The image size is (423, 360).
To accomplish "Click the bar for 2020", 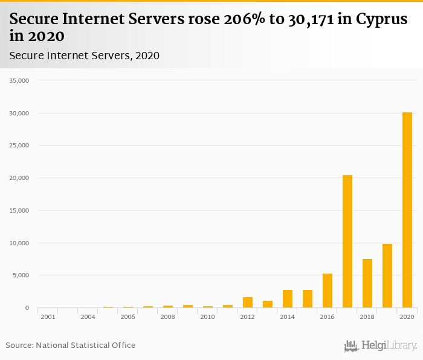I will click(x=407, y=210).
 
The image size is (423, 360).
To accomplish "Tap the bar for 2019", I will click(x=387, y=276).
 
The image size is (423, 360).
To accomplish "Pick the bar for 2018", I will click(x=367, y=283).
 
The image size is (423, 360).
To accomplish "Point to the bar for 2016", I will click(x=328, y=291).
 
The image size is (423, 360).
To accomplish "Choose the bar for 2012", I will click(x=248, y=303).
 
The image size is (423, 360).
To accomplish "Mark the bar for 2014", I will click(x=288, y=299).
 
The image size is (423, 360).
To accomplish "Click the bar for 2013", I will click(x=268, y=304).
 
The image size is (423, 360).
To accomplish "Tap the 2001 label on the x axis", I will click(x=48, y=317).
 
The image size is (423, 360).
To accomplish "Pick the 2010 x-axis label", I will click(x=208, y=317).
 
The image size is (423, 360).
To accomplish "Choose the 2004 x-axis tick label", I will click(x=88, y=317).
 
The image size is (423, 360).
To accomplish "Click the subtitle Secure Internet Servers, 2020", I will click(x=84, y=56).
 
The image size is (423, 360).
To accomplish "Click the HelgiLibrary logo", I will click(x=381, y=346).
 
